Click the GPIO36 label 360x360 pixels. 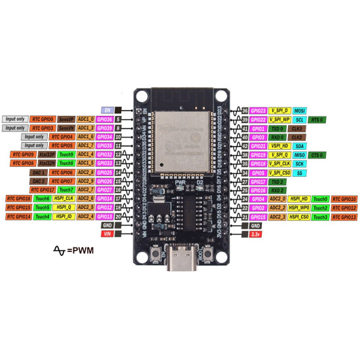(105, 120)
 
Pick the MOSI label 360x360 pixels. (300, 111)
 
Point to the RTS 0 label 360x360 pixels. (317, 120)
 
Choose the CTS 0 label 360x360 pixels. (317, 155)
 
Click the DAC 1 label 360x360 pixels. (39, 172)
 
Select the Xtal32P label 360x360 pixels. (47, 154)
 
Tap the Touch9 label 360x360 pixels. (66, 154)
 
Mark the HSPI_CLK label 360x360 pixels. (64, 198)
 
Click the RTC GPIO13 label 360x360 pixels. (344, 217)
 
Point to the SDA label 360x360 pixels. (300, 146)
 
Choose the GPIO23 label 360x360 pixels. (259, 111)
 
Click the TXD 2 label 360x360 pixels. (279, 181)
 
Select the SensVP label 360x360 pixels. (66, 120)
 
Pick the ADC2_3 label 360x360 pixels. (279, 217)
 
